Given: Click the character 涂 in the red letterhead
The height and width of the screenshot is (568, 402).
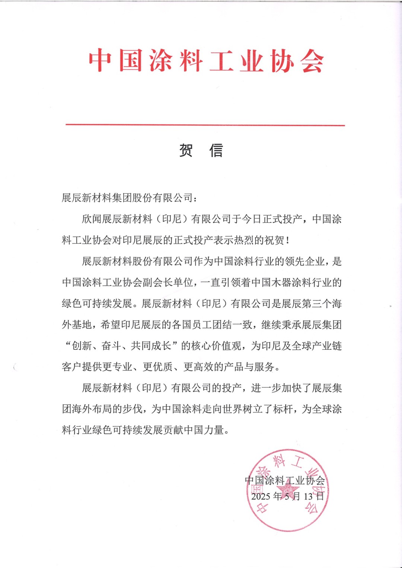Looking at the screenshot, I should (161, 61).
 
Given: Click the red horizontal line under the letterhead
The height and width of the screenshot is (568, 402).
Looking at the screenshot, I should (205, 125).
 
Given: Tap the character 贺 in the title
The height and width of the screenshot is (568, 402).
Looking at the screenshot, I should (186, 150).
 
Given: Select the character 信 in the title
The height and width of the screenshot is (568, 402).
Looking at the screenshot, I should (216, 150).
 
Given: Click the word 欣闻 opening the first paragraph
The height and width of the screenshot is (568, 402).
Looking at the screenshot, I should (92, 219).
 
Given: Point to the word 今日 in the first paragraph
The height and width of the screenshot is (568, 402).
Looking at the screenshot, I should (252, 219).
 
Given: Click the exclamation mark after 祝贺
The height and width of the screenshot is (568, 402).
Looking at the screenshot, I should (288, 241).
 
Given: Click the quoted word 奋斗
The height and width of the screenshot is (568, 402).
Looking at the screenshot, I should (111, 346).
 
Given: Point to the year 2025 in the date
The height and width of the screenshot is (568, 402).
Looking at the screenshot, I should (261, 496).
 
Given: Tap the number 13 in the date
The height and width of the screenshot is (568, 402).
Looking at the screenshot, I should (308, 496).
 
